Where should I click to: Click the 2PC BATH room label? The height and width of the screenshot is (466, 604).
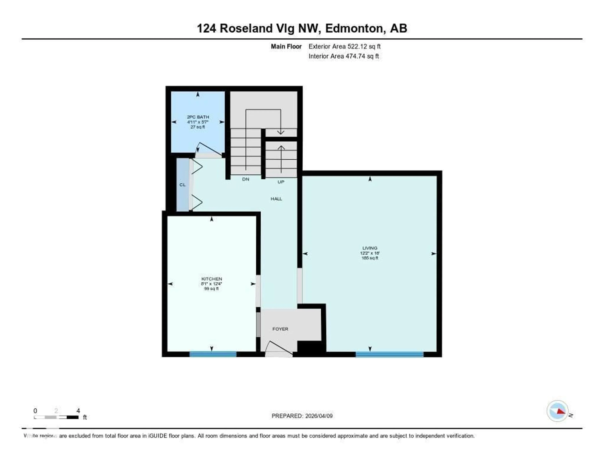[x=198, y=117]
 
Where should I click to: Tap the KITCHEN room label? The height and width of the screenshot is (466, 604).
[x=212, y=279]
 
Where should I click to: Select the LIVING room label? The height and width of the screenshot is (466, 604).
[x=370, y=248]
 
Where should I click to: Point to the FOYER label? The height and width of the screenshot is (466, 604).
[x=280, y=329]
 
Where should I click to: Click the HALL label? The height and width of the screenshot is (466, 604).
[x=276, y=199]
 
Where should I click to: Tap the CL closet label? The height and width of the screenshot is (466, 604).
[x=182, y=184]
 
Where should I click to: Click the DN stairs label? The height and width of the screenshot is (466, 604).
[x=246, y=179]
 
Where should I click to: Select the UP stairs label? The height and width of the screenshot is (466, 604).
[x=281, y=182]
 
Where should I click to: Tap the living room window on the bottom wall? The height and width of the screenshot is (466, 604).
[x=389, y=354]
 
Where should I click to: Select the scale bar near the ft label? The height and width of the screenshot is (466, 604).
[x=56, y=417]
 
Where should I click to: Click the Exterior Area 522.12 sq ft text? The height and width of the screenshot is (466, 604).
[x=344, y=46]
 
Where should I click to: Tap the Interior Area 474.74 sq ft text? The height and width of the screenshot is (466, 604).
[x=344, y=56]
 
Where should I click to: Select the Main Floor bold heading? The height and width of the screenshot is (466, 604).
[x=286, y=46]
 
